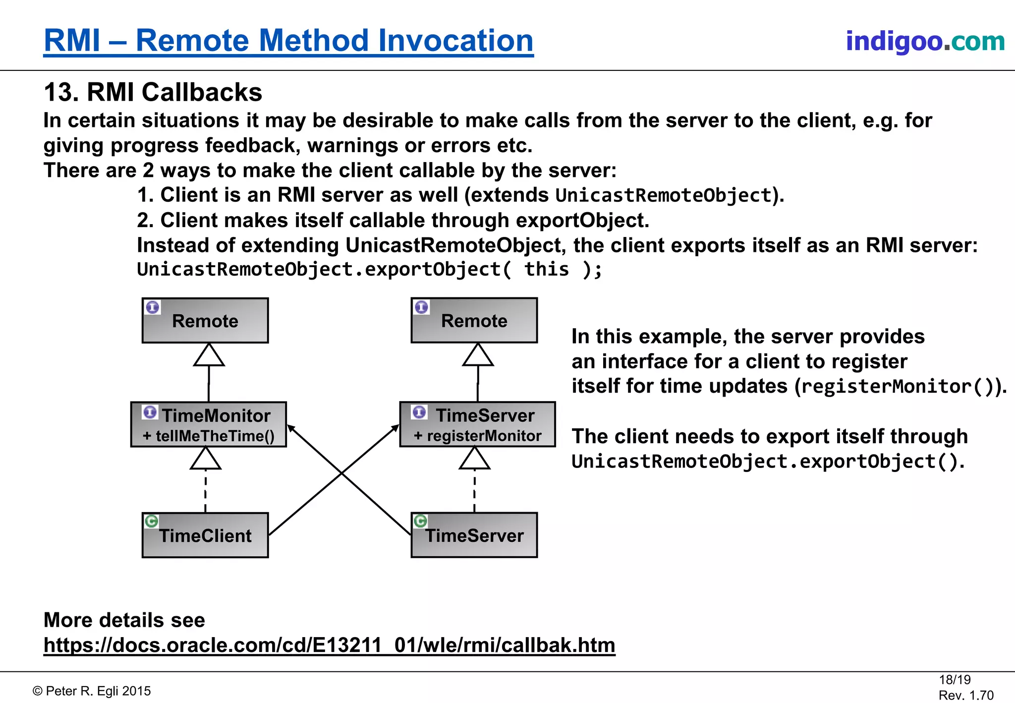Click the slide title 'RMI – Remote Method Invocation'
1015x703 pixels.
coord(288,41)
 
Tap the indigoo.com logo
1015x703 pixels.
coord(925,41)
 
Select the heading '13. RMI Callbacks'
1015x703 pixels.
coord(153,92)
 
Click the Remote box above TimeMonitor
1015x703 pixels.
coord(205,321)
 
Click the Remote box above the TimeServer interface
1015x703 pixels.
coord(474,321)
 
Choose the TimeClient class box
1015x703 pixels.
coord(205,536)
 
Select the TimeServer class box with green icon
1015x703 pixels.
coord(474,536)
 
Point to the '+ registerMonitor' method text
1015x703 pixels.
coord(478,436)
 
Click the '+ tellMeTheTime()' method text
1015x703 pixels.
coord(209,436)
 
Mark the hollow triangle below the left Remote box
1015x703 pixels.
coord(209,355)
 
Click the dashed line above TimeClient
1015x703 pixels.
coord(206,491)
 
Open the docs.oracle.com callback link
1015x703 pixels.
coord(329,645)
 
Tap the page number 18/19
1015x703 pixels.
coord(955,680)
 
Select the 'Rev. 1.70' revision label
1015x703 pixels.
coord(966,695)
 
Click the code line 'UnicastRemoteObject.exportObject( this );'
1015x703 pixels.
coord(369,270)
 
